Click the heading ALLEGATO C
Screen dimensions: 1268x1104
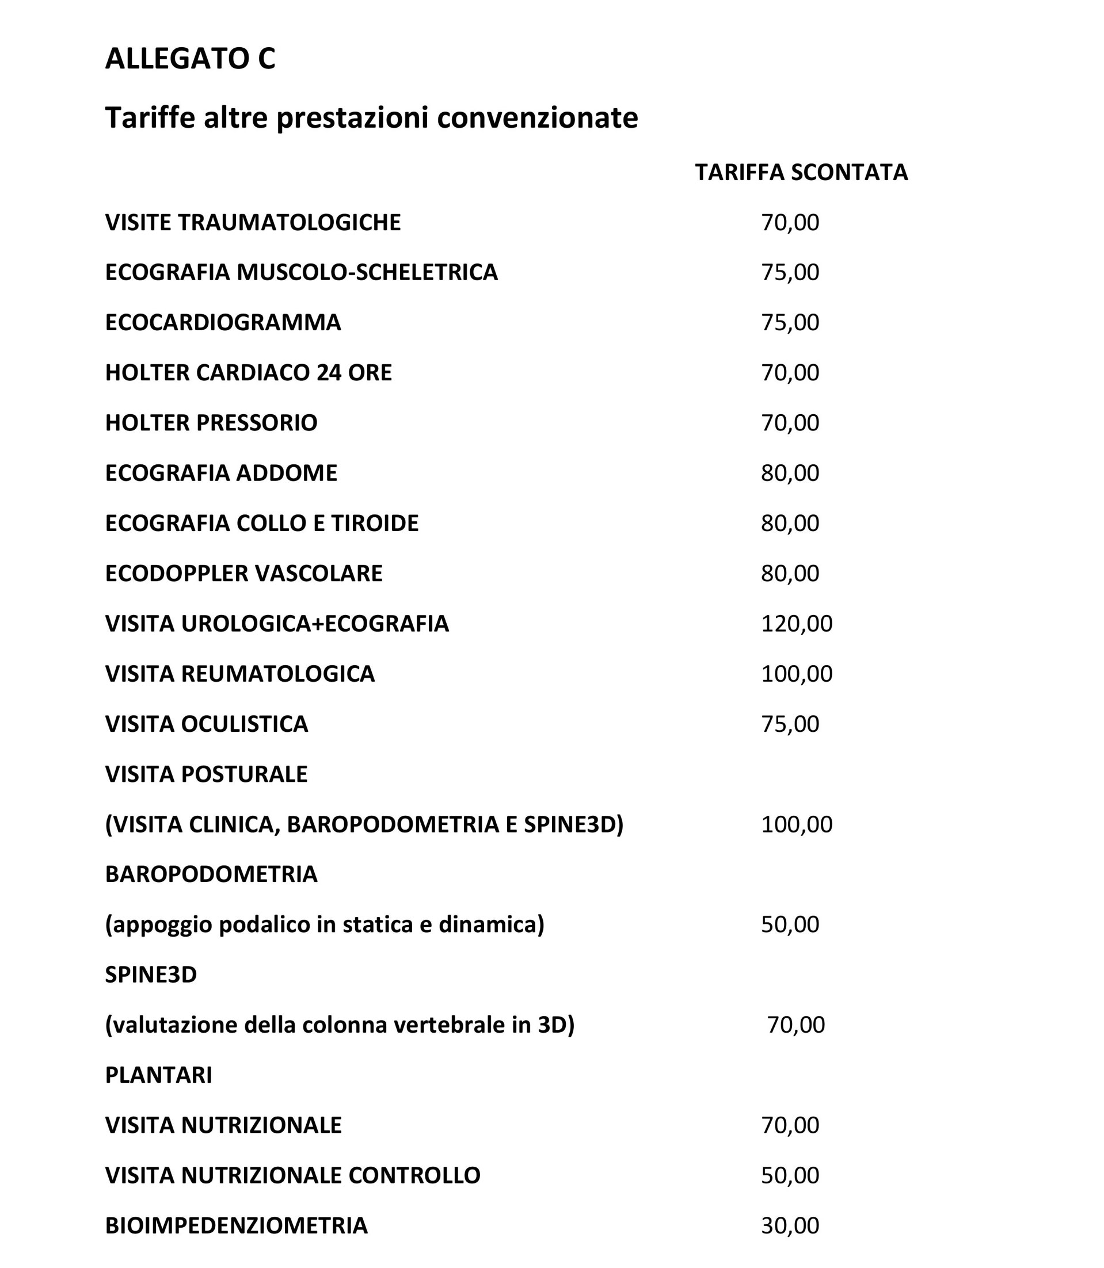[190, 59]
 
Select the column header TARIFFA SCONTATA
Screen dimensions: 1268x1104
[801, 173]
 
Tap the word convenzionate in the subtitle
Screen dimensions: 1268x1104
[537, 117]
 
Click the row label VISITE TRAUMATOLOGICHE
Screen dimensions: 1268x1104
[253, 222]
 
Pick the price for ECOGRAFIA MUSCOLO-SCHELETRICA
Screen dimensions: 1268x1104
[790, 272]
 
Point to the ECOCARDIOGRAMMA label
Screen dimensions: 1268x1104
[223, 323]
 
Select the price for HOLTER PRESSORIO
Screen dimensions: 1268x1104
[790, 423]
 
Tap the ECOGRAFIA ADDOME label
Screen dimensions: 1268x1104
[221, 473]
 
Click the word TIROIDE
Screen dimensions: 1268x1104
[375, 524]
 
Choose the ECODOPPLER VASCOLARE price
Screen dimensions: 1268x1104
[790, 574]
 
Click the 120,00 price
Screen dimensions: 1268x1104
[797, 624]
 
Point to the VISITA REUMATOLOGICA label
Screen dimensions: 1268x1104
[239, 674]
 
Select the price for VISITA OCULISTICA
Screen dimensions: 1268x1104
[790, 724]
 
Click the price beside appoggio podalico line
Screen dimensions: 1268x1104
[790, 925]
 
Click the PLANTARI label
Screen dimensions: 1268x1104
[158, 1075]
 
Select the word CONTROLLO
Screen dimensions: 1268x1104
[414, 1175]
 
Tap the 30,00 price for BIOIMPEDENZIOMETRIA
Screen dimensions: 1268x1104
[790, 1226]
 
